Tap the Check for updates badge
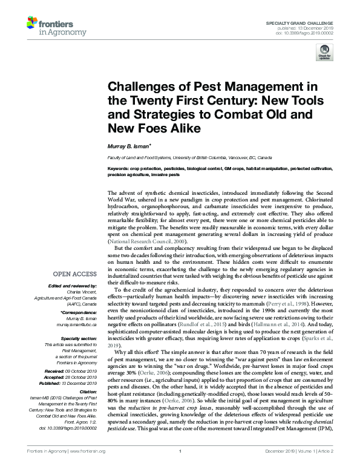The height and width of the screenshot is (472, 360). click(324, 53)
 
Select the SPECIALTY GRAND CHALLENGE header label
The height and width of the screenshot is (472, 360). click(299, 22)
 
